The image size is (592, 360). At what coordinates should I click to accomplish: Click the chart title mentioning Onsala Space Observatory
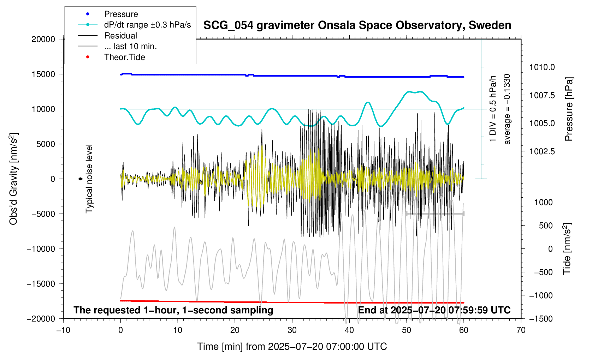click(x=357, y=25)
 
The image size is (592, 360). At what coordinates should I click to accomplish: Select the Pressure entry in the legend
click(x=121, y=14)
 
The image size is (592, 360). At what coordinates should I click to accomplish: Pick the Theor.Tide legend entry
click(x=124, y=57)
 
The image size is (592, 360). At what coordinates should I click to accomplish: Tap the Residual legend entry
click(x=120, y=36)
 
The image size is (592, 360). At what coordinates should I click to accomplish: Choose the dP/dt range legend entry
click(x=147, y=25)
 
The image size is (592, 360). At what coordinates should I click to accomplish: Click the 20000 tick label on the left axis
click(x=43, y=39)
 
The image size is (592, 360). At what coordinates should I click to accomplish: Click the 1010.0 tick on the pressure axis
click(x=542, y=67)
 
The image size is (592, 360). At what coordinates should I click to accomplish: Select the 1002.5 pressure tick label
click(x=542, y=151)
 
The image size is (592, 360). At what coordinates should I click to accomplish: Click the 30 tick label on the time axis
click(x=292, y=330)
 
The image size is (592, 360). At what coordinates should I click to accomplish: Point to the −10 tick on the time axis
click(x=63, y=330)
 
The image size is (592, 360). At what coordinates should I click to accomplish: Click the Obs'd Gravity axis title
click(x=13, y=179)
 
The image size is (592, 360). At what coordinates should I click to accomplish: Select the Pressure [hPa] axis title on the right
click(x=568, y=109)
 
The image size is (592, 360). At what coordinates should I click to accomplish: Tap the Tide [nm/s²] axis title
click(x=567, y=249)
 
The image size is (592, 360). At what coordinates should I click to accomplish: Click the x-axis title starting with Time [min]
click(x=292, y=347)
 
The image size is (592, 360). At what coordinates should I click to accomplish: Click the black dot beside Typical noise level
click(x=81, y=179)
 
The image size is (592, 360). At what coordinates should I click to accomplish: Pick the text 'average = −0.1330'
click(x=507, y=109)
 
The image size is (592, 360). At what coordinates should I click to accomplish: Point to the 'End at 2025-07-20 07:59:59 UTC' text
click(x=434, y=310)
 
